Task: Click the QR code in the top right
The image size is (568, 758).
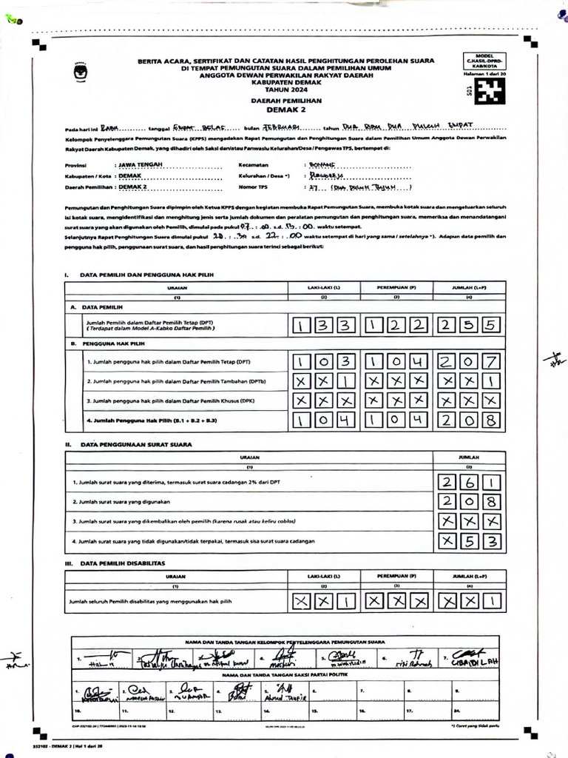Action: (489, 92)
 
